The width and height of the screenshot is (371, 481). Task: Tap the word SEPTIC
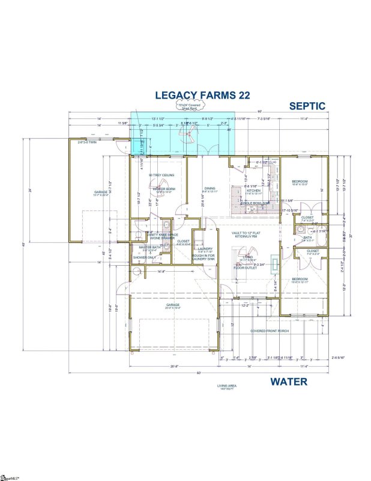pyautogui.click(x=307, y=106)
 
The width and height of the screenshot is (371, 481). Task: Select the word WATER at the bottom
pyautogui.click(x=288, y=381)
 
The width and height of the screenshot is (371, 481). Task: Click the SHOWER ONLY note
pyautogui.click(x=144, y=258)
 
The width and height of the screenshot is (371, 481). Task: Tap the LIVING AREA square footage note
pyautogui.click(x=228, y=387)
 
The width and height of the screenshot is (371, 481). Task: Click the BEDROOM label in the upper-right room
pyautogui.click(x=300, y=182)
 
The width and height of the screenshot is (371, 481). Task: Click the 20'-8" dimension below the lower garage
pyautogui.click(x=157, y=366)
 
